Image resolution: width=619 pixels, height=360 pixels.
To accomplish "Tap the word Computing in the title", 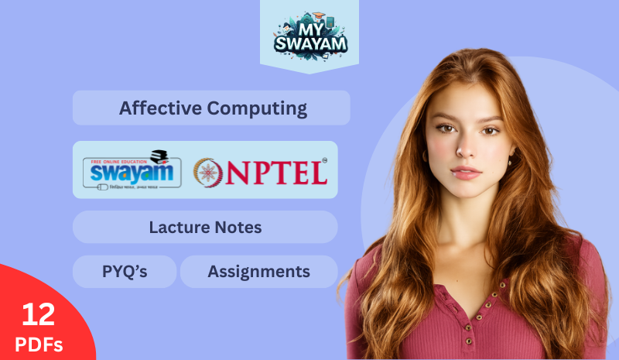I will (257, 108).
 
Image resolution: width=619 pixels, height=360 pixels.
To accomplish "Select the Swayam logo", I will (132, 170).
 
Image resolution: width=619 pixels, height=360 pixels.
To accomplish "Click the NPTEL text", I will (275, 171).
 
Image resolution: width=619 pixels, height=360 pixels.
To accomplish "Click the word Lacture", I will (179, 228).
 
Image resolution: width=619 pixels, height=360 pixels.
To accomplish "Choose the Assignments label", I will (258, 272).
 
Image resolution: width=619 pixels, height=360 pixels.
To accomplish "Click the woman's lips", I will (464, 171).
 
